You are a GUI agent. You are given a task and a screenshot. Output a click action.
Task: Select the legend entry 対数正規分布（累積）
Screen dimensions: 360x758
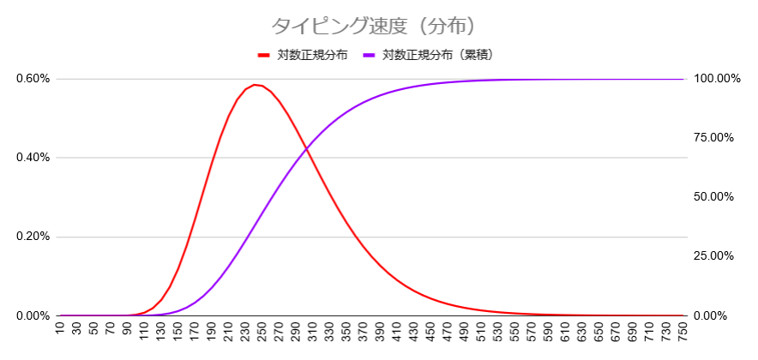tap(437, 55)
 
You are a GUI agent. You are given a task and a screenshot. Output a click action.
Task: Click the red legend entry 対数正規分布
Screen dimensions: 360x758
tap(312, 55)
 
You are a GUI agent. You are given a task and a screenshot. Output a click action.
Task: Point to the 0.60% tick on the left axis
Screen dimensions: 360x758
tap(33, 79)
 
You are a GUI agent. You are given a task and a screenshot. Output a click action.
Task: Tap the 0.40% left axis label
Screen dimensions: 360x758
tap(33, 158)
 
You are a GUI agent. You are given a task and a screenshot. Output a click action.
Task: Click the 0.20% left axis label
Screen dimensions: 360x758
tap(33, 237)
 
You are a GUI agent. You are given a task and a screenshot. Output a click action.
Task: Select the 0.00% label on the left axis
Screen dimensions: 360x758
tap(33, 315)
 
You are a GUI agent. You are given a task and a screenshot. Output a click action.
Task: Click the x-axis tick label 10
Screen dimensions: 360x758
tap(59, 331)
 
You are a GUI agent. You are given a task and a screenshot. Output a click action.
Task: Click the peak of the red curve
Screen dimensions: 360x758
tap(254, 85)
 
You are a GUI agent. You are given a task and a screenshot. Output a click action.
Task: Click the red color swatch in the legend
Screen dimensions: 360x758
tap(264, 55)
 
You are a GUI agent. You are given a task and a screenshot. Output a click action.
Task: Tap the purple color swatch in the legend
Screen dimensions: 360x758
tap(370, 55)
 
